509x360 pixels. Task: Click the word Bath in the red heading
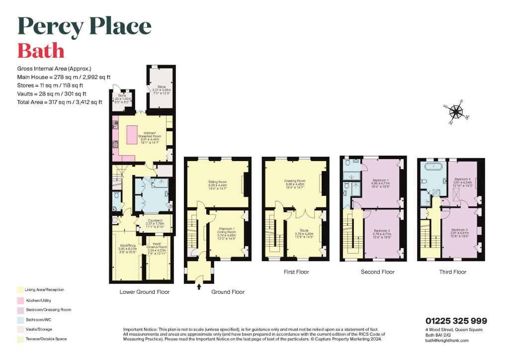point(41,51)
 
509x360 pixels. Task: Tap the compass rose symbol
point(458,112)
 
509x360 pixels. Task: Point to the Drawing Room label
point(294,183)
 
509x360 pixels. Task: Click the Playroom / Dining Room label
point(227,233)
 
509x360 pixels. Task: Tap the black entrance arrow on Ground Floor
point(199,286)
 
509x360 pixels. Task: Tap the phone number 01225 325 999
point(456,321)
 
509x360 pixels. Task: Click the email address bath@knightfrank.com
point(447,340)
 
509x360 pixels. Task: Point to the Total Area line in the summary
point(60,102)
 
